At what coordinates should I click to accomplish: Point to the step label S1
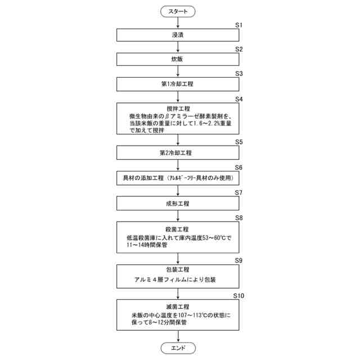point(238,25)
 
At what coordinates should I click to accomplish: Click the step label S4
point(238,98)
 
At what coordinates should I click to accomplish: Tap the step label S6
point(238,168)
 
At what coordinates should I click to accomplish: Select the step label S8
point(238,217)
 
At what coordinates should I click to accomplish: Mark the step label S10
point(238,295)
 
